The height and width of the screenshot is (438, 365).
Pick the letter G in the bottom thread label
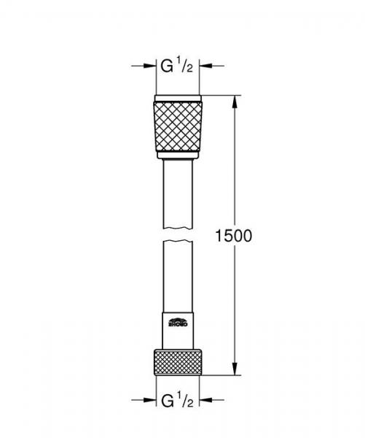(x=167, y=399)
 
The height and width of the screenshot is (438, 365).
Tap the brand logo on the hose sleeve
(x=178, y=320)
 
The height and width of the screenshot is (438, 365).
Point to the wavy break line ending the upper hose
(x=178, y=233)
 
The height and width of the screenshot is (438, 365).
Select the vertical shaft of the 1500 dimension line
(x=234, y=168)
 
